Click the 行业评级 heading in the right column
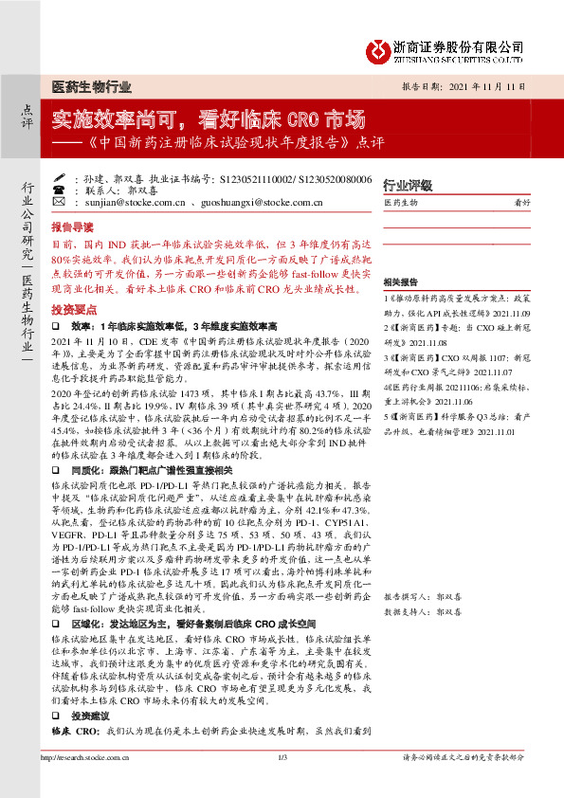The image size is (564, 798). (x=407, y=185)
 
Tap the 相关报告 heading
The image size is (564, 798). (x=401, y=282)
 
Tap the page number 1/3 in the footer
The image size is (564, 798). (x=282, y=784)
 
